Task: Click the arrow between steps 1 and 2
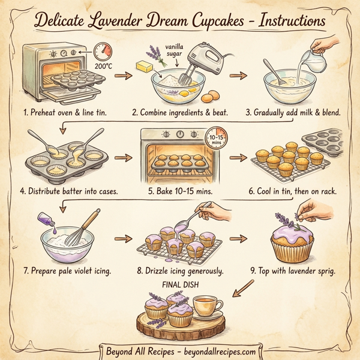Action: click(x=123, y=76)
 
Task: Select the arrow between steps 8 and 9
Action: click(x=238, y=238)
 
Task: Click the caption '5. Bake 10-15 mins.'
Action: click(x=179, y=191)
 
